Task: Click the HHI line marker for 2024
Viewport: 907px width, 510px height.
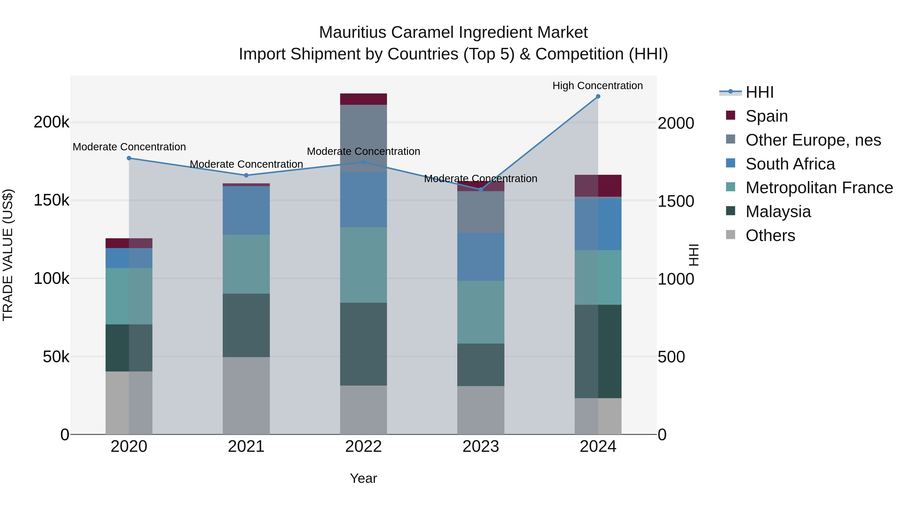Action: point(598,96)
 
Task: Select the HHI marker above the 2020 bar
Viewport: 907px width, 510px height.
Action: point(129,158)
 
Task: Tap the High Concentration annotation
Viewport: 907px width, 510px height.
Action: point(598,86)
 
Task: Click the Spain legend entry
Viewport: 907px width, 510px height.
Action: point(766,116)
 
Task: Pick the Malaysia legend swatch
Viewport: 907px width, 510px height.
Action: point(731,211)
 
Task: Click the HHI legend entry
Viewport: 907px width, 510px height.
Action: point(759,92)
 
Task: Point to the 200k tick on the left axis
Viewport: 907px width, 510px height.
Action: point(51,122)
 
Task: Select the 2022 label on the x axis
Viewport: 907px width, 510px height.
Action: point(363,447)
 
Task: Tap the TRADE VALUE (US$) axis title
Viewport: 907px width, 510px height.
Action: point(8,255)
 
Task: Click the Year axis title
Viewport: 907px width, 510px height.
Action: point(363,478)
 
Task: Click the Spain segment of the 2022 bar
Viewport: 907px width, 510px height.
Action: point(363,99)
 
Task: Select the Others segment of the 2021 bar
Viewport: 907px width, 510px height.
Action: point(246,396)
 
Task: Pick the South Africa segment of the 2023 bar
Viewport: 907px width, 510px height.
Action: point(481,257)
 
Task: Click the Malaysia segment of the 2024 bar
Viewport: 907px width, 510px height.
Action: point(598,351)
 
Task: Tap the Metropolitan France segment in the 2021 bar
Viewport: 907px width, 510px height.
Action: point(246,264)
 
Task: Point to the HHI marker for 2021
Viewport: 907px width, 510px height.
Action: point(246,175)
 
